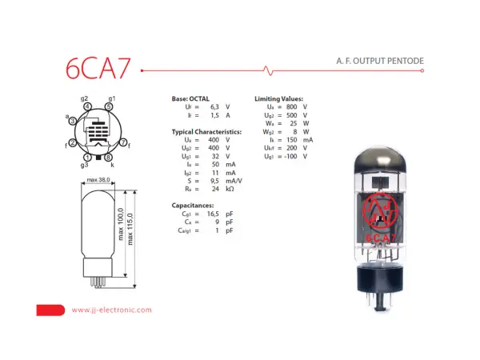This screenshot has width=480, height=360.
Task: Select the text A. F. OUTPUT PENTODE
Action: click(x=379, y=61)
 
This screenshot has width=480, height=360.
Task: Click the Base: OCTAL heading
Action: click(x=190, y=98)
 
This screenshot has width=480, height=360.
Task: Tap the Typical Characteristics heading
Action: click(x=206, y=130)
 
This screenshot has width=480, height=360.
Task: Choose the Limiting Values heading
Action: click(x=279, y=98)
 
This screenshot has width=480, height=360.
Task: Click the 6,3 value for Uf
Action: click(x=214, y=106)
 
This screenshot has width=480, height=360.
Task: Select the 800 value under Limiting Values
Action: click(x=293, y=106)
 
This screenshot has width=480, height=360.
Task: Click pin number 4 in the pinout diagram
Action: click(x=86, y=106)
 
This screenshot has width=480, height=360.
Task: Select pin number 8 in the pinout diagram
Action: click(x=109, y=157)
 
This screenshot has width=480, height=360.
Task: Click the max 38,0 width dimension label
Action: click(x=98, y=180)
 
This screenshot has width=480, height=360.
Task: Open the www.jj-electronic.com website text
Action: click(x=111, y=310)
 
